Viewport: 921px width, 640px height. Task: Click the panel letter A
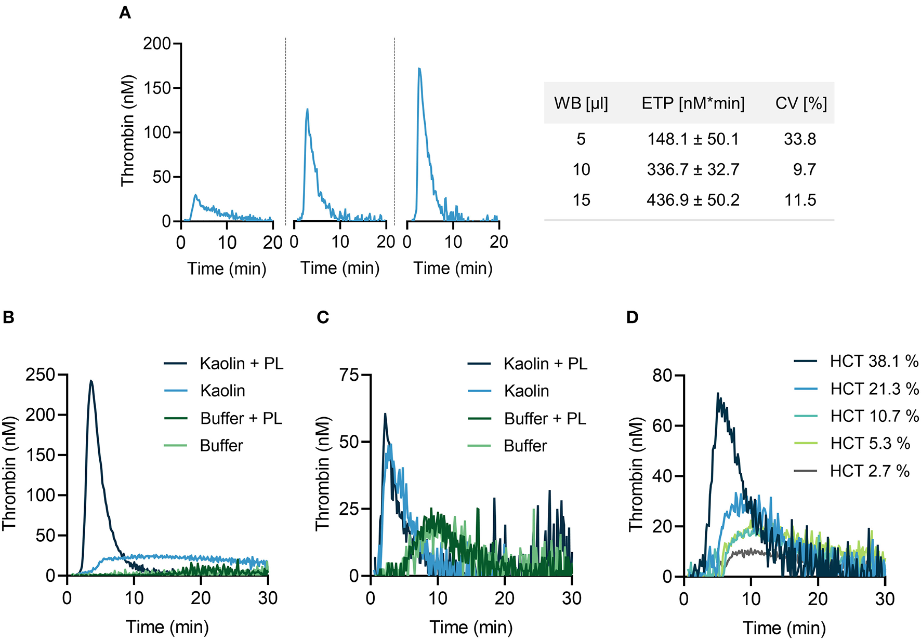[125, 12]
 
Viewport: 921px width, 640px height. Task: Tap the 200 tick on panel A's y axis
[157, 44]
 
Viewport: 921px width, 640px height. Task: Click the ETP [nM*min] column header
[693, 103]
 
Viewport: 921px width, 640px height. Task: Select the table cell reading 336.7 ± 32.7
[693, 169]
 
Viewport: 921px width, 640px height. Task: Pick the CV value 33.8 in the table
[800, 139]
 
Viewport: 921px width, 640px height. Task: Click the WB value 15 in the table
[581, 200]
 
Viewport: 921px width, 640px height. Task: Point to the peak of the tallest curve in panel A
[419, 69]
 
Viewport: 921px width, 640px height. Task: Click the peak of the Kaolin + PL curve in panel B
[91, 381]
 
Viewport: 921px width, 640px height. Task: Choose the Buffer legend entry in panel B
[221, 446]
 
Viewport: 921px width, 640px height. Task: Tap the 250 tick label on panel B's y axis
[40, 375]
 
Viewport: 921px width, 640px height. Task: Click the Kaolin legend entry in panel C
[526, 391]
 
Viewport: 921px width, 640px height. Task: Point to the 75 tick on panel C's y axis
[349, 375]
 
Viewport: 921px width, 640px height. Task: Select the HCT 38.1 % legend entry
[874, 361]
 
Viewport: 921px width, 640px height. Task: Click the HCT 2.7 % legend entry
[870, 471]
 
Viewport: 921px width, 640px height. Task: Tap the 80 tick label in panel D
[662, 375]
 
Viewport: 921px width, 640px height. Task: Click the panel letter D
[632, 317]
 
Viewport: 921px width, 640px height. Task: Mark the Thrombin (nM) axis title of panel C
[322, 473]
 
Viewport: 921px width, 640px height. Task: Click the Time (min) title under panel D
[784, 628]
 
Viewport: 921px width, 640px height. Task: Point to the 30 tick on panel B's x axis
[268, 598]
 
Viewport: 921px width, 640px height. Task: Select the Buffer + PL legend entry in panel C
[545, 418]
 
